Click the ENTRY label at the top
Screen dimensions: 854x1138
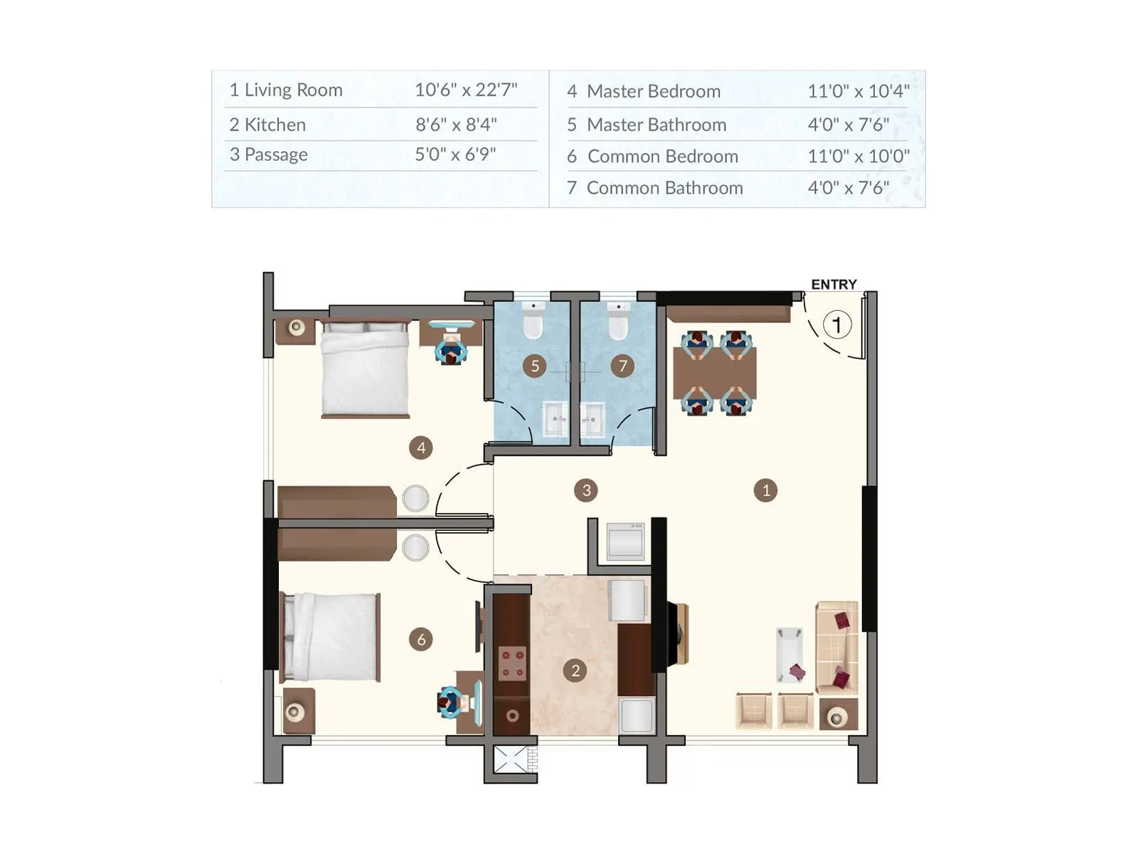[x=834, y=285]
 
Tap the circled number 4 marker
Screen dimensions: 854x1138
[x=421, y=448]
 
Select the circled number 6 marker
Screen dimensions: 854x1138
[x=421, y=639]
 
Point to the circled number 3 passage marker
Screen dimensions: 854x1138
[x=586, y=490]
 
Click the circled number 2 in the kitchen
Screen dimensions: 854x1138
[x=575, y=670]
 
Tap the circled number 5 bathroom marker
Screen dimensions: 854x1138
[x=535, y=366]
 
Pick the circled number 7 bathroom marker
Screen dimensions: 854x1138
[x=622, y=366]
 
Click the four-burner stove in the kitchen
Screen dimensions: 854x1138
[x=512, y=663]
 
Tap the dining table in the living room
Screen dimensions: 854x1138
[x=715, y=373]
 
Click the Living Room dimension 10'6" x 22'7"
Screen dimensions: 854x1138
[x=466, y=90]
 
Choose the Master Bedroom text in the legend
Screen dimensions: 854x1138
[x=653, y=91]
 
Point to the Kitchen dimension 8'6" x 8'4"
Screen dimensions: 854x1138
[x=456, y=125]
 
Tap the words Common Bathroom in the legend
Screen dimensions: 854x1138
[x=664, y=188]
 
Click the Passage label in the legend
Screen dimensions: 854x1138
[x=276, y=154]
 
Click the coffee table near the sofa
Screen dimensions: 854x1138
[x=789, y=654]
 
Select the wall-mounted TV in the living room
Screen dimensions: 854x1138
[x=674, y=633]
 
